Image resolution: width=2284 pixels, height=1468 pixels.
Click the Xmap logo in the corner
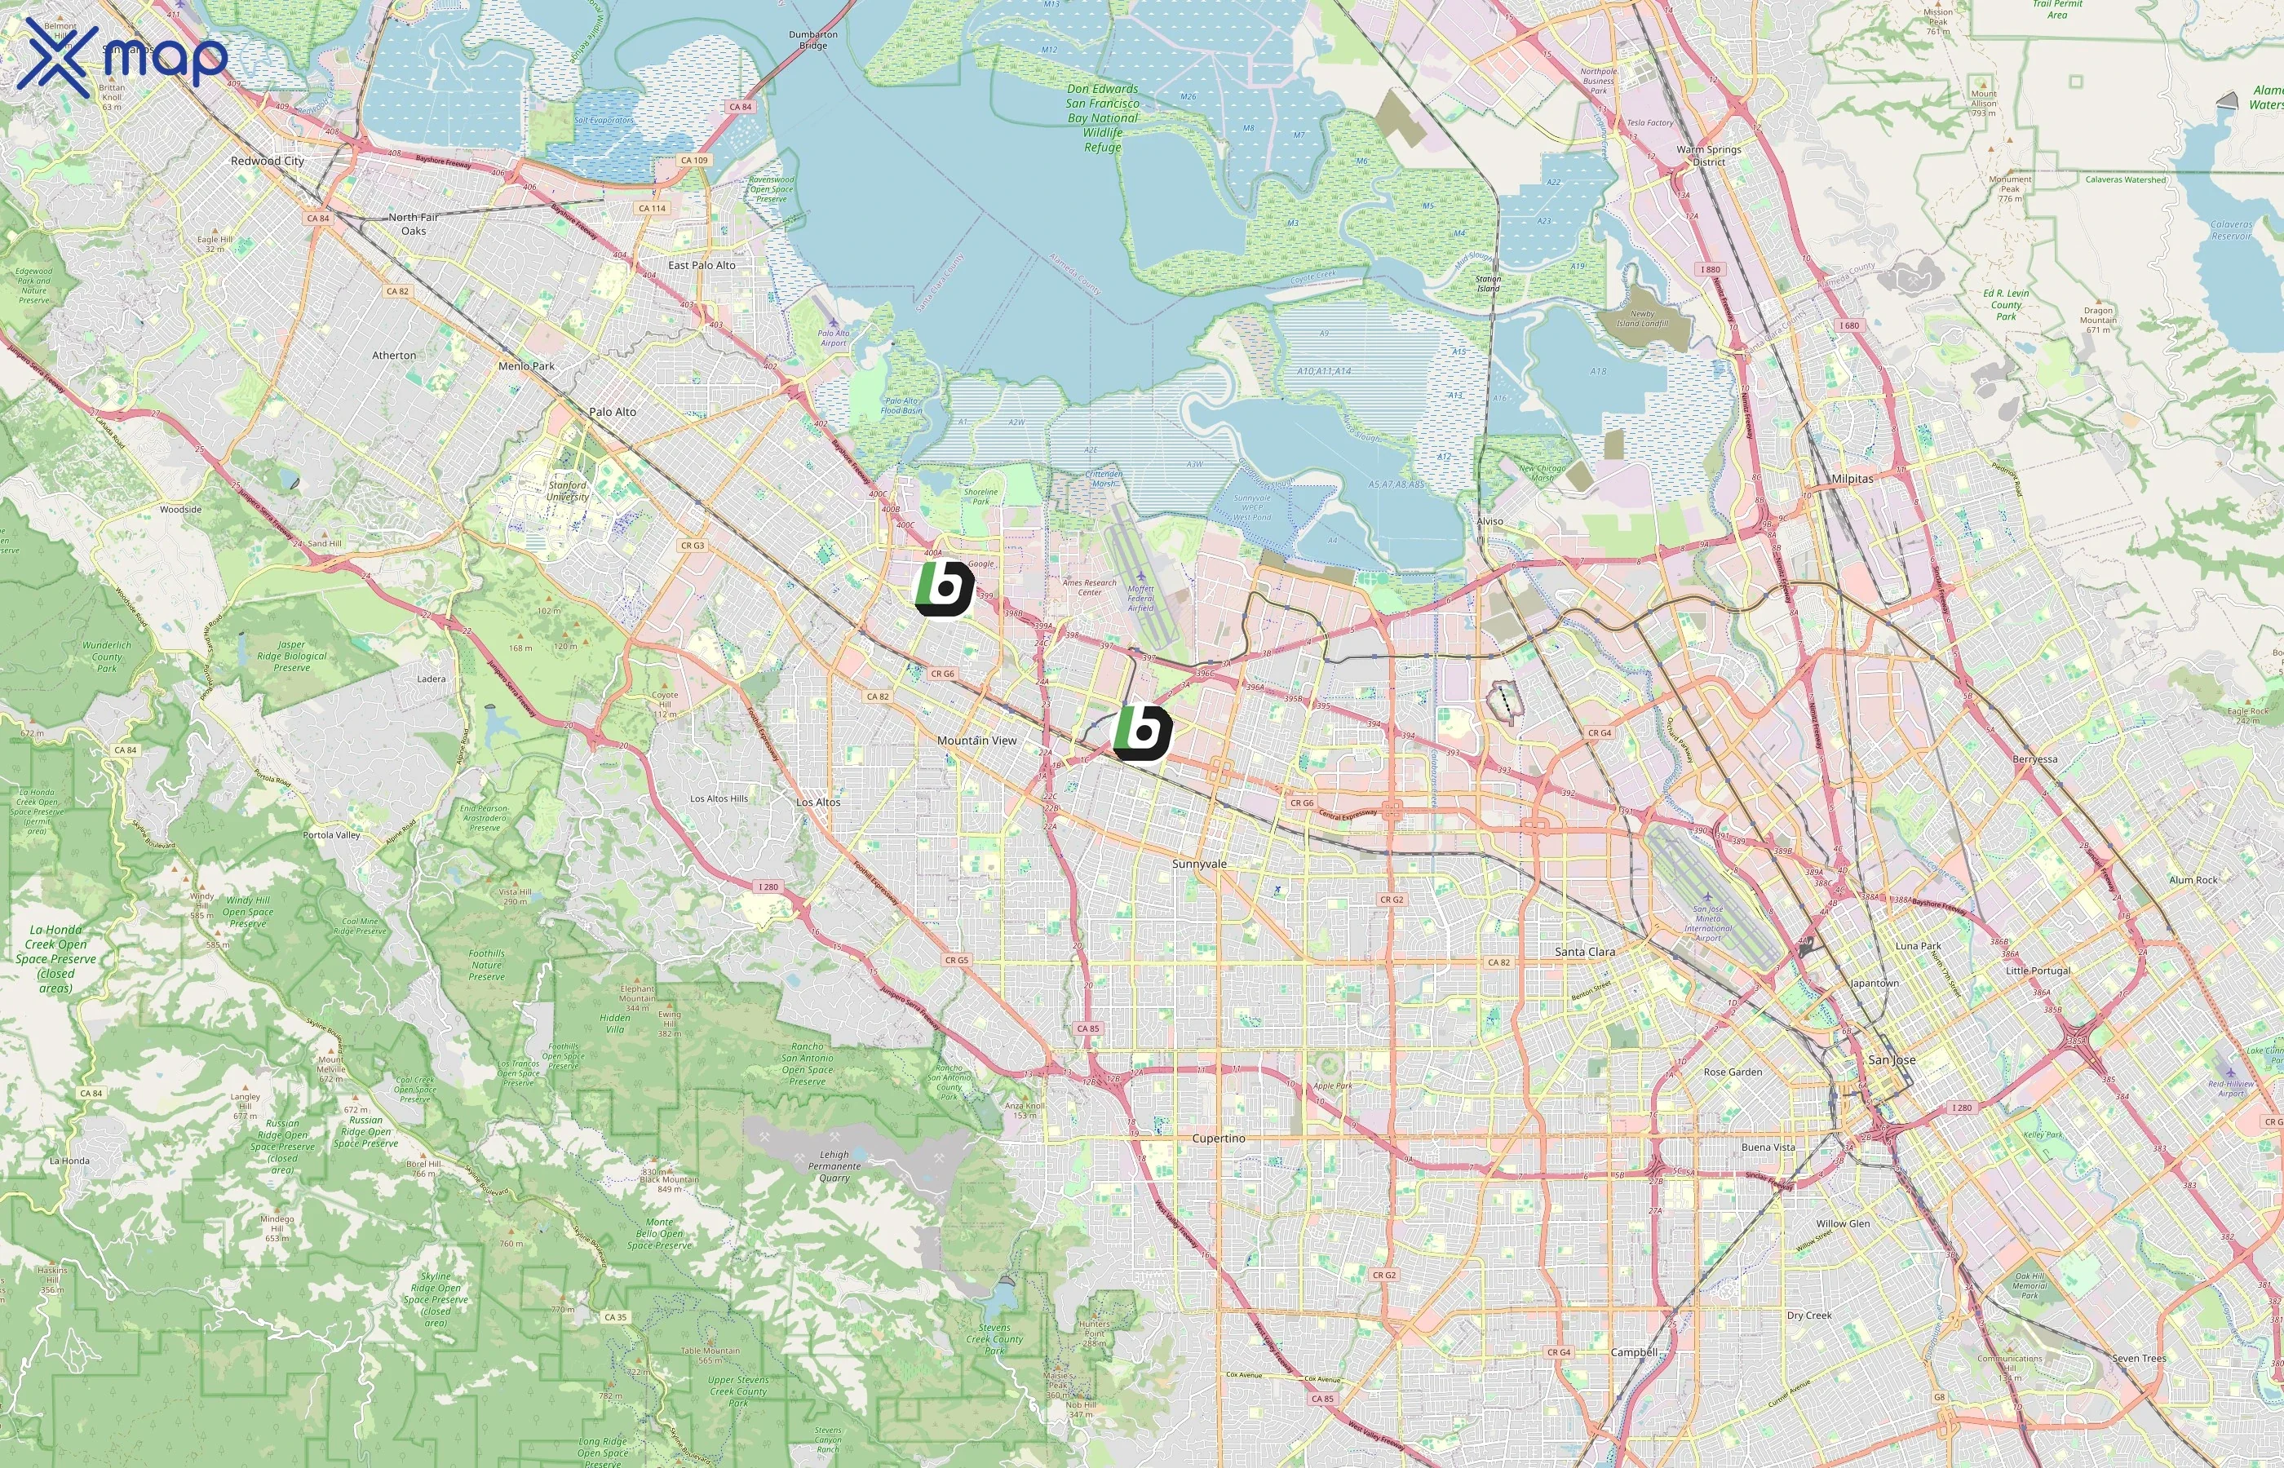point(122,57)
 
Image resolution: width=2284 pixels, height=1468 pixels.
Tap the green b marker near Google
point(944,588)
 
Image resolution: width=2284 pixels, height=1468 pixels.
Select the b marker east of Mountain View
point(1142,732)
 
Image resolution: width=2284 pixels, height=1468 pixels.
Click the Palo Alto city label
point(612,412)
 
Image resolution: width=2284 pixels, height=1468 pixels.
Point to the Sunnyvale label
point(1199,864)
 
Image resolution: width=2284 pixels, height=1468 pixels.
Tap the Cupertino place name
point(1218,1139)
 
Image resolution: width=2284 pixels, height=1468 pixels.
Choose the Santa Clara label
point(1584,951)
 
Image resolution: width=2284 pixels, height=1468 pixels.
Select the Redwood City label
point(267,161)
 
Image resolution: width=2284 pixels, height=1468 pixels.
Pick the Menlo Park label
point(525,366)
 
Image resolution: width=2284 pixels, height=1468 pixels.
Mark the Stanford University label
point(568,490)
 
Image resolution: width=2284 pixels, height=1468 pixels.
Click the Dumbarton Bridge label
point(813,40)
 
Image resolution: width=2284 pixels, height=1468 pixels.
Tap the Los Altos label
point(818,802)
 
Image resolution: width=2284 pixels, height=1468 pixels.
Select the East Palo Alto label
point(702,265)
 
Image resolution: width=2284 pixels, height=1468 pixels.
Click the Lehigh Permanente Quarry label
point(834,1165)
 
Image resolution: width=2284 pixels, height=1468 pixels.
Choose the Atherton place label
point(394,356)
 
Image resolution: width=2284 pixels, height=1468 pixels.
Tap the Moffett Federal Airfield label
point(1140,598)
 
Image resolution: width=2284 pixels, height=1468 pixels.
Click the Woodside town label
point(180,509)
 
